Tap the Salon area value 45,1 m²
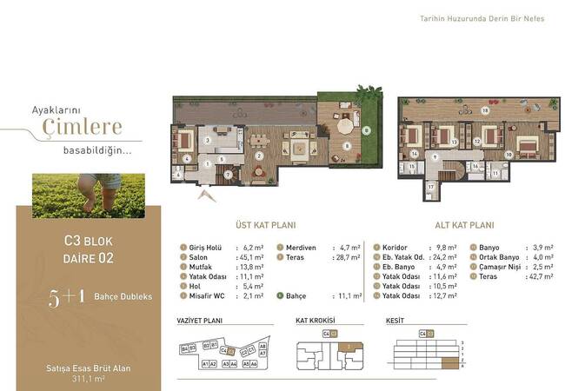(x=250, y=256)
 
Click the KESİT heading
(x=395, y=321)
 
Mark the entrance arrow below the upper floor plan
(x=206, y=195)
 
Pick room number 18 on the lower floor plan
(x=484, y=111)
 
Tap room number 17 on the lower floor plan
(x=429, y=185)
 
